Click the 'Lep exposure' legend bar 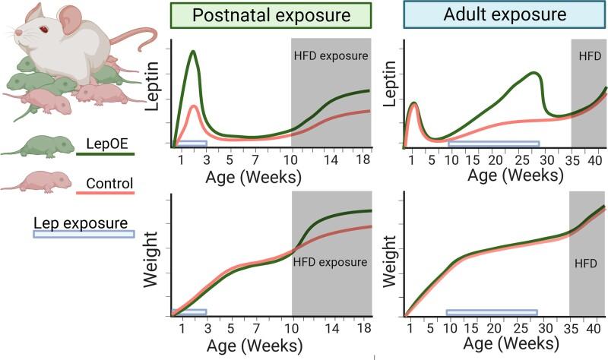[84, 234]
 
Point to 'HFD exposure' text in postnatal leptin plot [331, 55]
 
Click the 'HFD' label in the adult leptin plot [588, 55]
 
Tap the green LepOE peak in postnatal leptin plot [193, 52]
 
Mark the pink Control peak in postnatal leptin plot [194, 106]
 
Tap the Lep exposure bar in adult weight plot [492, 312]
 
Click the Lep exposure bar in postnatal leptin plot [192, 143]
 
